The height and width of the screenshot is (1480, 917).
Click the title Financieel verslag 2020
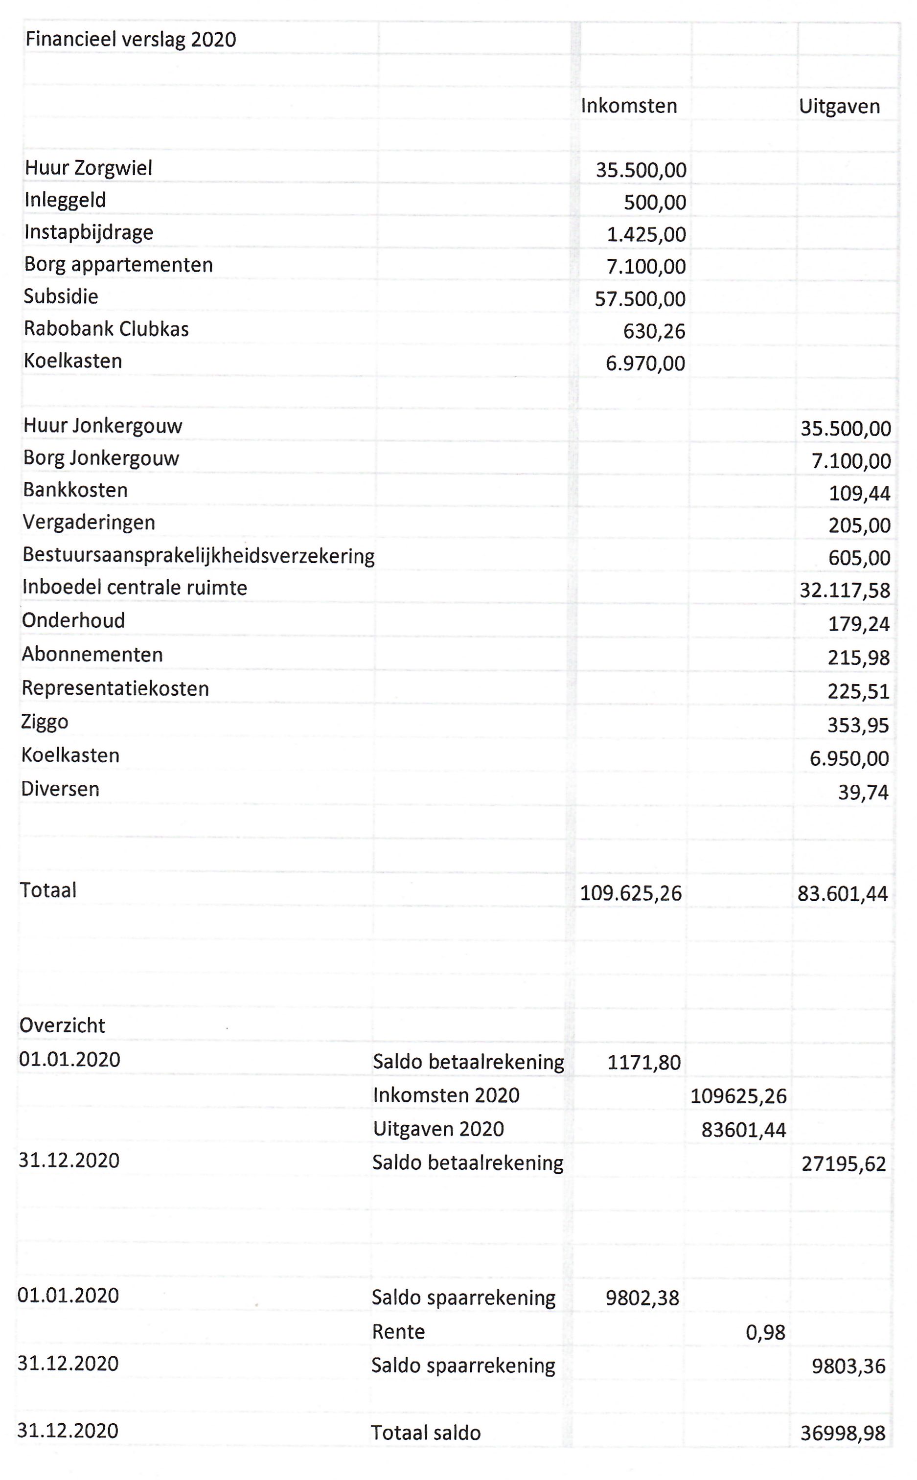(130, 40)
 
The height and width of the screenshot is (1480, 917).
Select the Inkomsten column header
(628, 106)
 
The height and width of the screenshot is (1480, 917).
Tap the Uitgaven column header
(839, 106)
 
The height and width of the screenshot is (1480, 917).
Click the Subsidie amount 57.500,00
(640, 299)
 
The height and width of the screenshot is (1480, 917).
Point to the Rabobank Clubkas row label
(106, 329)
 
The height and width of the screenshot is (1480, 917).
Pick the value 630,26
(654, 331)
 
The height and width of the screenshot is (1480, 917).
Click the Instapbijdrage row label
(89, 232)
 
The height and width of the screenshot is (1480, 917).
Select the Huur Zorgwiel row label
(89, 168)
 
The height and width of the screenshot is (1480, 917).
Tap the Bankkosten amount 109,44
(859, 494)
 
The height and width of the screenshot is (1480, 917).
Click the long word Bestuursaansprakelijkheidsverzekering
(198, 555)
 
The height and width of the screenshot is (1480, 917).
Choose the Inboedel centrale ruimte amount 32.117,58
(845, 590)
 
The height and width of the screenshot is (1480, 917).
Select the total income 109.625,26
(631, 893)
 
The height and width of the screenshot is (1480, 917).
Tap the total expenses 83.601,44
(843, 894)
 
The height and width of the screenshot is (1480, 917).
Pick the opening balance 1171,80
(644, 1062)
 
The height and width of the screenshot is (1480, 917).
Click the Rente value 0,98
(765, 1332)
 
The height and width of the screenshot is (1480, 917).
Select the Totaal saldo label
(426, 1433)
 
